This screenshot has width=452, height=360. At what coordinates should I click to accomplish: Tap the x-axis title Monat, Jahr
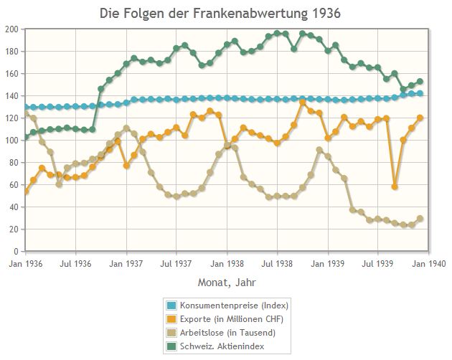[227, 283]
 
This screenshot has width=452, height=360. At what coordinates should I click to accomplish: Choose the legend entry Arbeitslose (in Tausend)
[227, 333]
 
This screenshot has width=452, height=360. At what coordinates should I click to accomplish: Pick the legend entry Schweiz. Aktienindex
[222, 346]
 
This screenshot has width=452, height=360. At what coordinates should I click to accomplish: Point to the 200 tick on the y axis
[12, 29]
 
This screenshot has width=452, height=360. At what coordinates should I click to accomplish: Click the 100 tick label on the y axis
[12, 141]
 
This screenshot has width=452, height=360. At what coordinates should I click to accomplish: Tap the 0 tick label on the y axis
[17, 252]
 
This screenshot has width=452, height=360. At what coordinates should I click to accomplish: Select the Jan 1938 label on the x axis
[227, 264]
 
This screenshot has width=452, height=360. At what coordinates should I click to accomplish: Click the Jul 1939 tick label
[380, 264]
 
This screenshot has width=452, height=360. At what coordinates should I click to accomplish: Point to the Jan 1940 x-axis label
[430, 264]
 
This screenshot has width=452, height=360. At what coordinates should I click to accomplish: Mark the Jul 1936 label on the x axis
[76, 264]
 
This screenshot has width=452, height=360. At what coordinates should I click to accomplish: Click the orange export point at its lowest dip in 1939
[395, 186]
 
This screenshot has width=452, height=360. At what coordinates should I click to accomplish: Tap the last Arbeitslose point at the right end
[420, 219]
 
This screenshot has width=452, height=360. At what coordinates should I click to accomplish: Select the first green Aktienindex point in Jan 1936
[26, 137]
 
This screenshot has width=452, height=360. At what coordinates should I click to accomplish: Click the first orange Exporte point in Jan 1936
[26, 191]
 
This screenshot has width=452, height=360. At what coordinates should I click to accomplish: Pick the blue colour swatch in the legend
[172, 305]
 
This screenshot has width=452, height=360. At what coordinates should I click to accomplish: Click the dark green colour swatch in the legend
[172, 346]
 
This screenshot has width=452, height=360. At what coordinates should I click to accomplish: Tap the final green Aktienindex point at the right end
[420, 82]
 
